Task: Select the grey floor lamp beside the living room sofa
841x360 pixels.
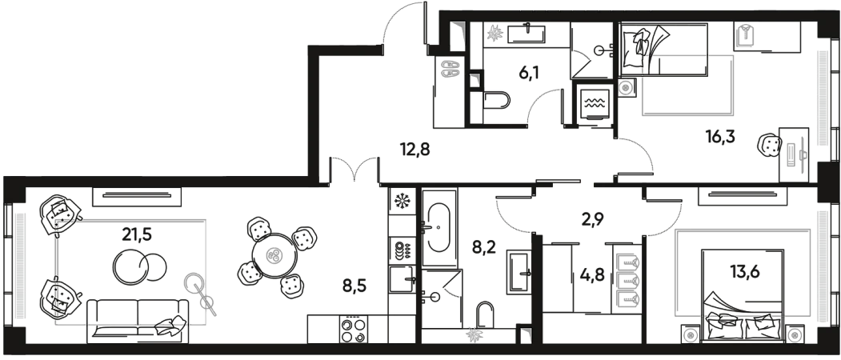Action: pyautogui.click(x=193, y=282)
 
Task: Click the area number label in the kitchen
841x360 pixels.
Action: pyautogui.click(x=352, y=284)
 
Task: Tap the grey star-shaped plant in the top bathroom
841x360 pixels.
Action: pyautogui.click(x=495, y=34)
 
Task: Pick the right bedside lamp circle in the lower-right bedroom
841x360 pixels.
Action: pyautogui.click(x=795, y=335)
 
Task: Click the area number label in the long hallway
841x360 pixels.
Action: pyautogui.click(x=416, y=149)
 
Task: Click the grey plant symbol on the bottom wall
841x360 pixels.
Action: pyautogui.click(x=474, y=337)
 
